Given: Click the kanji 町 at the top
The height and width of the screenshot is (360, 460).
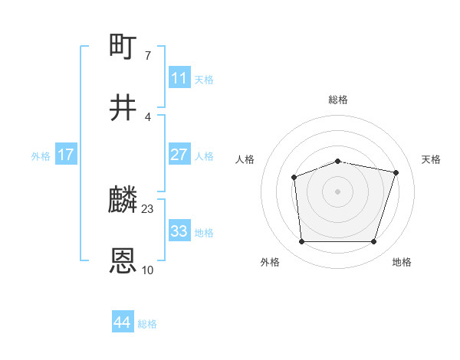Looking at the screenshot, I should coord(123,47).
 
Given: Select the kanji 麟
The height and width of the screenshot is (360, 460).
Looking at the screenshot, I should coord(123,201).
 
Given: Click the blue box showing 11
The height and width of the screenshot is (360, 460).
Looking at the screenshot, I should coord(179,77).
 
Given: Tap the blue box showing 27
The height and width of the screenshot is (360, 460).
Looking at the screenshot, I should coord(179,154).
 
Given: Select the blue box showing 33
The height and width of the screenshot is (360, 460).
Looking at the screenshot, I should coord(179,231).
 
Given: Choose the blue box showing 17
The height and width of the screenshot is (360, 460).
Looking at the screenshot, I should coord(66,154).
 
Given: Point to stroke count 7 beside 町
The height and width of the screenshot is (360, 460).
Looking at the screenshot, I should coord(147,55).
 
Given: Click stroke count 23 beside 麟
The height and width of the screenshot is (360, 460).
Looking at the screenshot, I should coord(148,208).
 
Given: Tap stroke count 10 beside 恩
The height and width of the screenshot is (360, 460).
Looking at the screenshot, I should coord(148,270).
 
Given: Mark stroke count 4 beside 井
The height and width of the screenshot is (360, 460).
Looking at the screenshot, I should coord(147,116).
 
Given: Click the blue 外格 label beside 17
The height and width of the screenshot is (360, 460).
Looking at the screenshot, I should coord(41,155).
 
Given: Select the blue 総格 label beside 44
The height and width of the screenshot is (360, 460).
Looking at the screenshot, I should coord(147,324).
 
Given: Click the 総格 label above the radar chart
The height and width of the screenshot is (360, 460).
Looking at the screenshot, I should coord(338,100).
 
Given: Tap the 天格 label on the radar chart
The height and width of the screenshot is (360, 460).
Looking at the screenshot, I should coord(432,159).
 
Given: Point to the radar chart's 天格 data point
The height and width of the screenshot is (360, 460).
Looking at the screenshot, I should coord(396,172).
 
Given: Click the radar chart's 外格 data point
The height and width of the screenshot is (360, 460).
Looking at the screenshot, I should coord(301,241).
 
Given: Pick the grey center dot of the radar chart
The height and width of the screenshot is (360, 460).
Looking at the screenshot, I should coord(337,191).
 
